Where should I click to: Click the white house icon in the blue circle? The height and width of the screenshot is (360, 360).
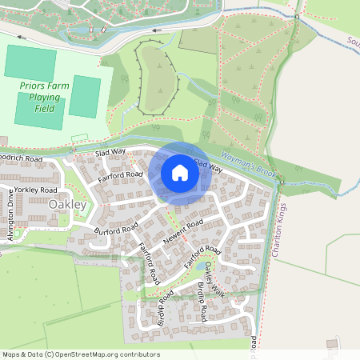click(179, 172)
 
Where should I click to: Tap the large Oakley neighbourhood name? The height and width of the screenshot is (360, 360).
click(67, 205)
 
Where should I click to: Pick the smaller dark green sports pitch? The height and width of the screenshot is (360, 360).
click(85, 97)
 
